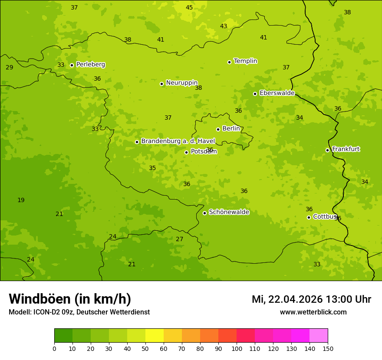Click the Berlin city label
(x=231, y=129)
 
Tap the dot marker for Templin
(x=229, y=62)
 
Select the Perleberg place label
(x=90, y=65)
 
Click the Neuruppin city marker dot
(x=161, y=84)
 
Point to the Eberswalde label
(x=277, y=93)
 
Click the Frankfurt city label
(x=346, y=149)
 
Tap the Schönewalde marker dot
(x=204, y=213)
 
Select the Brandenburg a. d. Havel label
(x=178, y=141)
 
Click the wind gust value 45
(x=189, y=7)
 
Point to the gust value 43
(x=224, y=26)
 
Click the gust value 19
(x=21, y=200)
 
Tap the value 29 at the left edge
(x=9, y=68)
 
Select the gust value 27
(x=179, y=239)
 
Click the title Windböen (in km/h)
(x=70, y=299)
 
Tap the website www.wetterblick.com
(x=313, y=312)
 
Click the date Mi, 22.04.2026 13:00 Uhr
(x=311, y=299)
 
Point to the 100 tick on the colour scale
(x=237, y=348)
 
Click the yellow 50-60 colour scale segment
(x=154, y=336)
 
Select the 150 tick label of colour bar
(x=328, y=348)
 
